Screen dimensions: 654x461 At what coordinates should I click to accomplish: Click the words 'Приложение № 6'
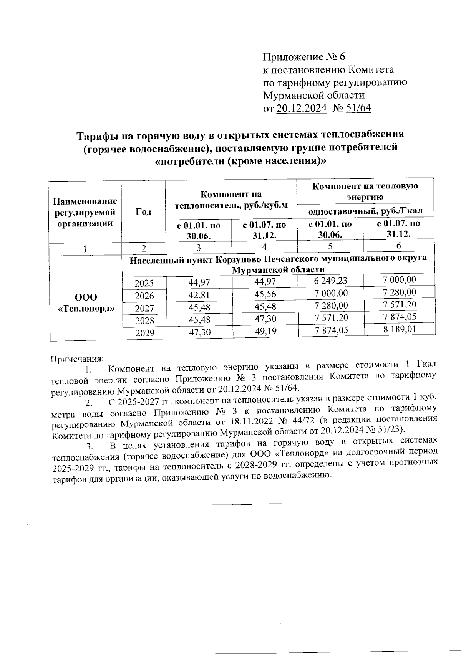coord(304,57)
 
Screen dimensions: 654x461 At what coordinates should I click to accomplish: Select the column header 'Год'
coord(143,211)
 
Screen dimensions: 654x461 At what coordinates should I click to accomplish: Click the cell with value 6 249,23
coord(330,281)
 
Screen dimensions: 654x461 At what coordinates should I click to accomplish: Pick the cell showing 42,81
coord(199,295)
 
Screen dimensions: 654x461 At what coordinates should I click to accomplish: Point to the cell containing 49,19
coord(265,330)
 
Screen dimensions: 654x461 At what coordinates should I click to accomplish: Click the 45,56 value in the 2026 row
coord(265,294)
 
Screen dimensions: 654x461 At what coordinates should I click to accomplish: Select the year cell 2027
coord(144,308)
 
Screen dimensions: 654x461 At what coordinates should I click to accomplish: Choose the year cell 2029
coord(144,333)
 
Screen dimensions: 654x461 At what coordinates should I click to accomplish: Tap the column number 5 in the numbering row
coord(330,246)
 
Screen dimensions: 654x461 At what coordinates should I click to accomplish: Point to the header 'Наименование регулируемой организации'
coord(85,212)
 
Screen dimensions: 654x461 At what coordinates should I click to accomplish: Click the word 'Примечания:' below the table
coord(77,359)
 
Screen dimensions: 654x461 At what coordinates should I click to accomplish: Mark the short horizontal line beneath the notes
coord(246,503)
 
